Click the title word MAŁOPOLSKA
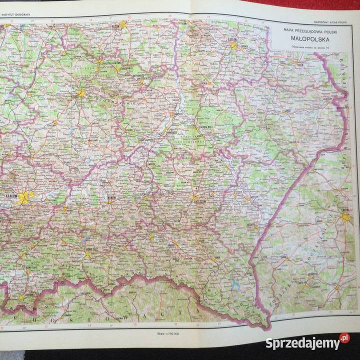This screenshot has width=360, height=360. tap(308, 36)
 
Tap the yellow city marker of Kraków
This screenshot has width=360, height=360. tap(24, 197)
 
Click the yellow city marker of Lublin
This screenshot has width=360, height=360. tap(234, 45)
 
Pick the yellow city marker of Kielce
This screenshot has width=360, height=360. tap(79, 92)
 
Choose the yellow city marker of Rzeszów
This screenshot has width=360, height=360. tap(194, 198)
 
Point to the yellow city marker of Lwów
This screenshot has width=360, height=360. tap(346, 216)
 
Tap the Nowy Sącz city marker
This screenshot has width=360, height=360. tap(87, 254)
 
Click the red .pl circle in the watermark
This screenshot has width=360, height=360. tap(344, 340)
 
